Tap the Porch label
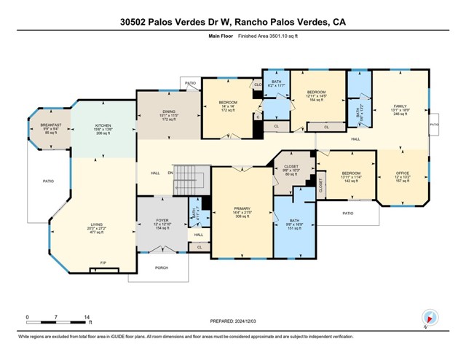(162, 267)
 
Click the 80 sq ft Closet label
(291, 171)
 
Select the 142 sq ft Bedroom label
(352, 176)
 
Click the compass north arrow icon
(430, 317)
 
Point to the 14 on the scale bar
(87, 318)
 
